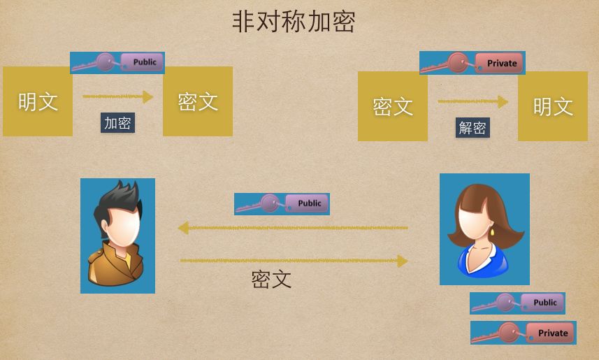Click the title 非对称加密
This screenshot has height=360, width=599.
tap(294, 22)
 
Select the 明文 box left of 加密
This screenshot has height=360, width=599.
tap(38, 101)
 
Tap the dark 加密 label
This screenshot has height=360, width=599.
tap(117, 123)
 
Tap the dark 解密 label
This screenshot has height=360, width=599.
tap(472, 127)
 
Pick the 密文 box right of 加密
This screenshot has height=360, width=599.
tap(198, 101)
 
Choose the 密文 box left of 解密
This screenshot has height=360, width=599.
tap(393, 106)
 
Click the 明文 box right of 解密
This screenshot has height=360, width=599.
tap(553, 106)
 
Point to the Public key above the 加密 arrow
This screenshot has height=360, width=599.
tap(117, 63)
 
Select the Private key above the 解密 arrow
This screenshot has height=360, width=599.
tap(472, 63)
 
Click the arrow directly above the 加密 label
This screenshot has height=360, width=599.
tap(117, 96)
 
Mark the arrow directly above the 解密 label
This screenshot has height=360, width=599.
tap(472, 101)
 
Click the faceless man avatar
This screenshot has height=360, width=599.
tap(117, 236)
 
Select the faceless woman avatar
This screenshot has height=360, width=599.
tap(484, 229)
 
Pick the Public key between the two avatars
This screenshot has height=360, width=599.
tap(282, 204)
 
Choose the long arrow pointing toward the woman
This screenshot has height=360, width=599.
tap(294, 261)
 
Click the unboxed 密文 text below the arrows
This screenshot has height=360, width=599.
tap(271, 280)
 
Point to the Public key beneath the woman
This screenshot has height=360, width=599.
tap(517, 303)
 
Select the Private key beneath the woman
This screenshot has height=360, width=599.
tap(523, 333)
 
